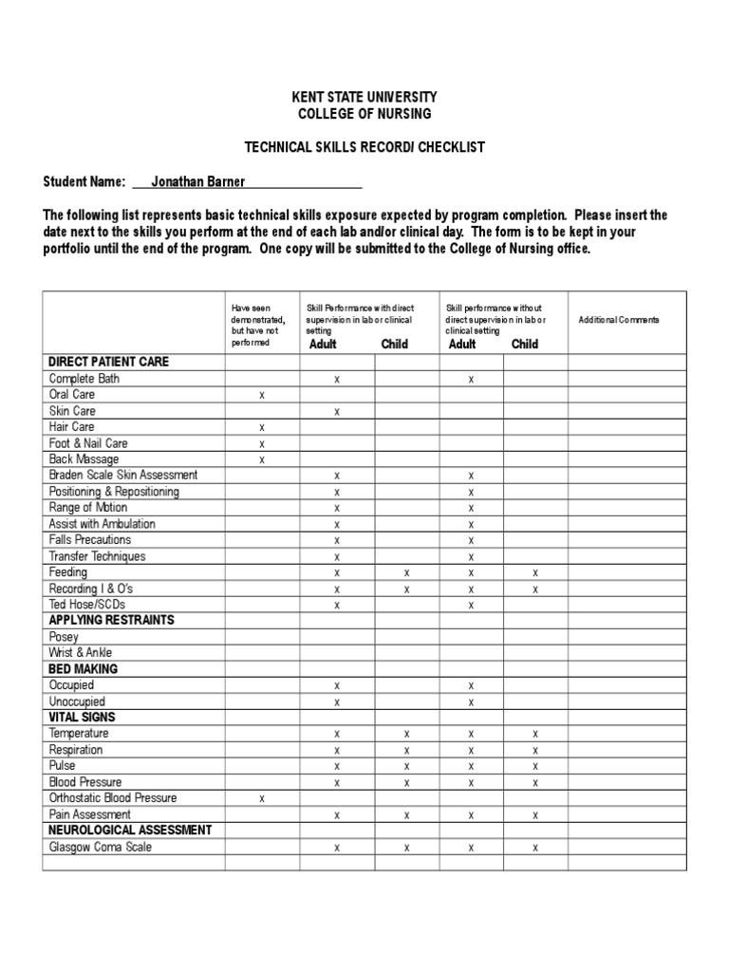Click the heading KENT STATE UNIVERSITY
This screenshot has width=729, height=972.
[x=364, y=98]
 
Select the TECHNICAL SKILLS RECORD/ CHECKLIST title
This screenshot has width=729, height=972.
[x=364, y=147]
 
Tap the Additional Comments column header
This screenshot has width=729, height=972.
[x=619, y=321]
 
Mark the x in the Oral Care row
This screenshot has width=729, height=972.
[x=262, y=396]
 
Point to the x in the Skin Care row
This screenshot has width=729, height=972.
[x=337, y=412]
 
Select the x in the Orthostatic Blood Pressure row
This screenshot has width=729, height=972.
[x=262, y=799]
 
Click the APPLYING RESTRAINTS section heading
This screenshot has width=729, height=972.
[x=112, y=621]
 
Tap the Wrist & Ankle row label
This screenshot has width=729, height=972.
[x=81, y=653]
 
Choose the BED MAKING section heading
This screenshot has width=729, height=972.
[x=84, y=669]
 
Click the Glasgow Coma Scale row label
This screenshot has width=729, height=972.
[x=101, y=848]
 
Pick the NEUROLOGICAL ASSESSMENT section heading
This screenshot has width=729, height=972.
[x=131, y=831]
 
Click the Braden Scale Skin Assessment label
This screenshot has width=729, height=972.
[x=123, y=476]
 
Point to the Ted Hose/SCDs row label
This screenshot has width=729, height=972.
[x=86, y=605]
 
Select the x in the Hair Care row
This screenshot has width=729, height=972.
[x=262, y=428]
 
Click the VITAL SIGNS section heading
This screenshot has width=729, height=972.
[x=83, y=718]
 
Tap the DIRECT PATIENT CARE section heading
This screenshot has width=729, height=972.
[x=109, y=362]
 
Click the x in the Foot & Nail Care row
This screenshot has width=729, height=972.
[x=262, y=444]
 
